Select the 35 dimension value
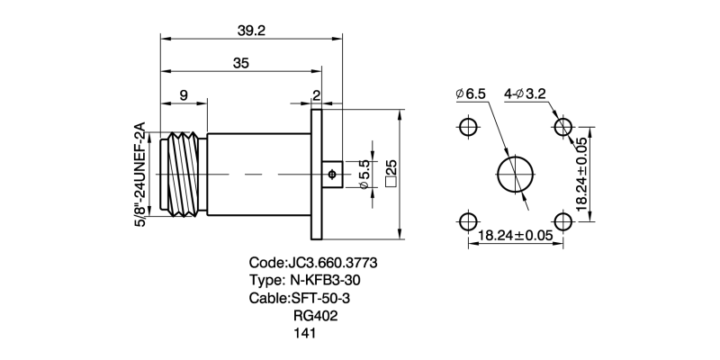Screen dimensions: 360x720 pos(240,64)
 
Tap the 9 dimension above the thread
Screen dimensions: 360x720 pos(184,94)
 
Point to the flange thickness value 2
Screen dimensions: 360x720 pos(316,94)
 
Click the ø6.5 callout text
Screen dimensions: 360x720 pos(471,94)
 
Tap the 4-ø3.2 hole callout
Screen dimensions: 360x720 pos(532,94)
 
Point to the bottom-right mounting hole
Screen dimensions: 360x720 pos(562,221)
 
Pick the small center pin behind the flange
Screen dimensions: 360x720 pos(332,174)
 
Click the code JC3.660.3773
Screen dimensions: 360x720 pos(312,263)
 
